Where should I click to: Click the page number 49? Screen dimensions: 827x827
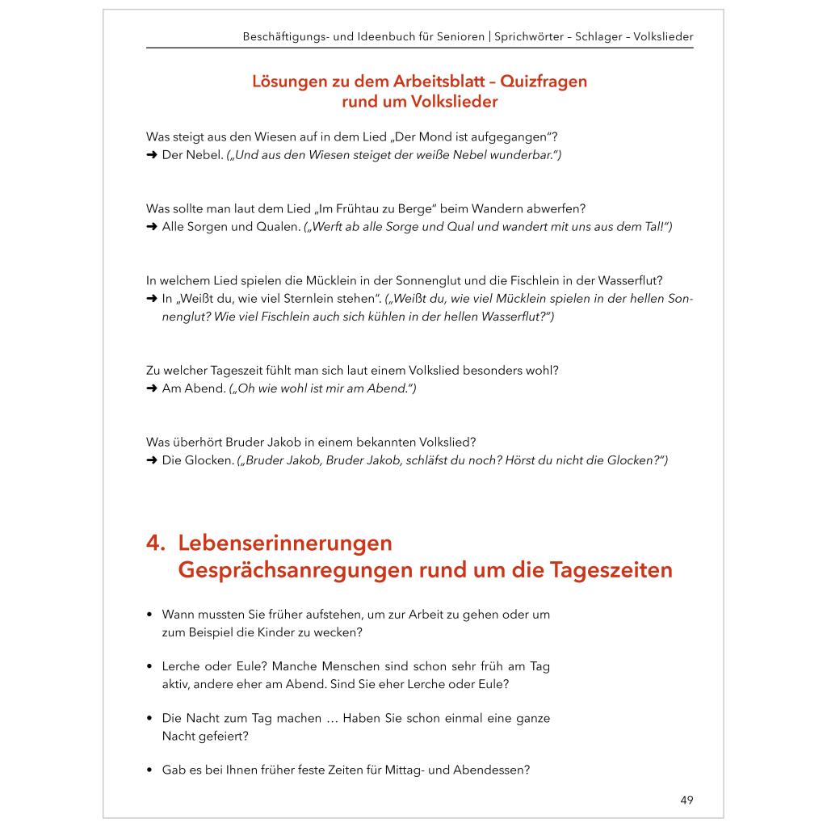pos(686,800)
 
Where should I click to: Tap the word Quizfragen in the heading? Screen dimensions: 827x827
pos(544,82)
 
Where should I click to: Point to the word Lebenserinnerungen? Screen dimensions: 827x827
pos(285,543)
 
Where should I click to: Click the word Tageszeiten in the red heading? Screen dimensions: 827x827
pos(611,570)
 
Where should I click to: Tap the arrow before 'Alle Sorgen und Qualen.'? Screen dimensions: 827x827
pos(151,227)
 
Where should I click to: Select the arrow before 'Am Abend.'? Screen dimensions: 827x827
pos(151,388)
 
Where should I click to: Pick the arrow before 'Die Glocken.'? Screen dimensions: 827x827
pos(151,460)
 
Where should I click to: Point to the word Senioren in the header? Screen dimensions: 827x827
pos(458,37)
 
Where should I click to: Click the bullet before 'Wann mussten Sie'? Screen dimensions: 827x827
pos(150,615)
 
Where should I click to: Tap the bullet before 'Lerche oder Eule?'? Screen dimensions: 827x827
pos(150,666)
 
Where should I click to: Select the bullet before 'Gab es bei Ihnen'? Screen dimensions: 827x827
pos(150,770)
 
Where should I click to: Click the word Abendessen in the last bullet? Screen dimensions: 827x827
pos(495,770)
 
